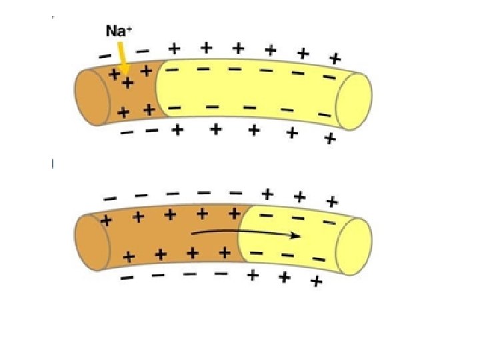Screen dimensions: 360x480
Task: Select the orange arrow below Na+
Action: (x=122, y=57)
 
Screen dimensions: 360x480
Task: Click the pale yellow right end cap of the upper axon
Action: (x=353, y=101)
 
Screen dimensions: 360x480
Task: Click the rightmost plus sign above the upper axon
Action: (x=335, y=59)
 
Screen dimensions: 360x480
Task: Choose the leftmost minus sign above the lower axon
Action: (x=110, y=198)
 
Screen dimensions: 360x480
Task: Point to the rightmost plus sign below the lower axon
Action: (x=317, y=282)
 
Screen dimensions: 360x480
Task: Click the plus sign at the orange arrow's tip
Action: (x=127, y=83)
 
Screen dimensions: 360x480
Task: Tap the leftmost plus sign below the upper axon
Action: (x=177, y=130)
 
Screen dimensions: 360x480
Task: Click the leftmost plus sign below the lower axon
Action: (x=253, y=275)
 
